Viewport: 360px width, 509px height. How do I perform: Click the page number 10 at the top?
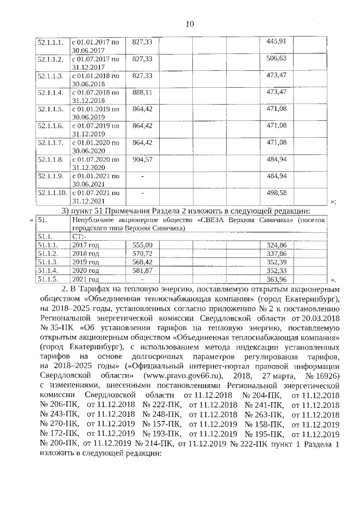click(x=190, y=24)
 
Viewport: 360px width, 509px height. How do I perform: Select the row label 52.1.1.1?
click(x=49, y=42)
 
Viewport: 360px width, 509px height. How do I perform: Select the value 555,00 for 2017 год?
click(x=142, y=245)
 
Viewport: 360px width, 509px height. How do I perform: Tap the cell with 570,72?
click(x=142, y=254)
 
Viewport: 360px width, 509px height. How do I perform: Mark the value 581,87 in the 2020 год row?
click(x=142, y=271)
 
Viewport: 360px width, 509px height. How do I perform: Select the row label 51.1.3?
click(x=47, y=262)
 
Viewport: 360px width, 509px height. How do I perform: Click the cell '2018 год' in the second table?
click(x=85, y=254)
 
